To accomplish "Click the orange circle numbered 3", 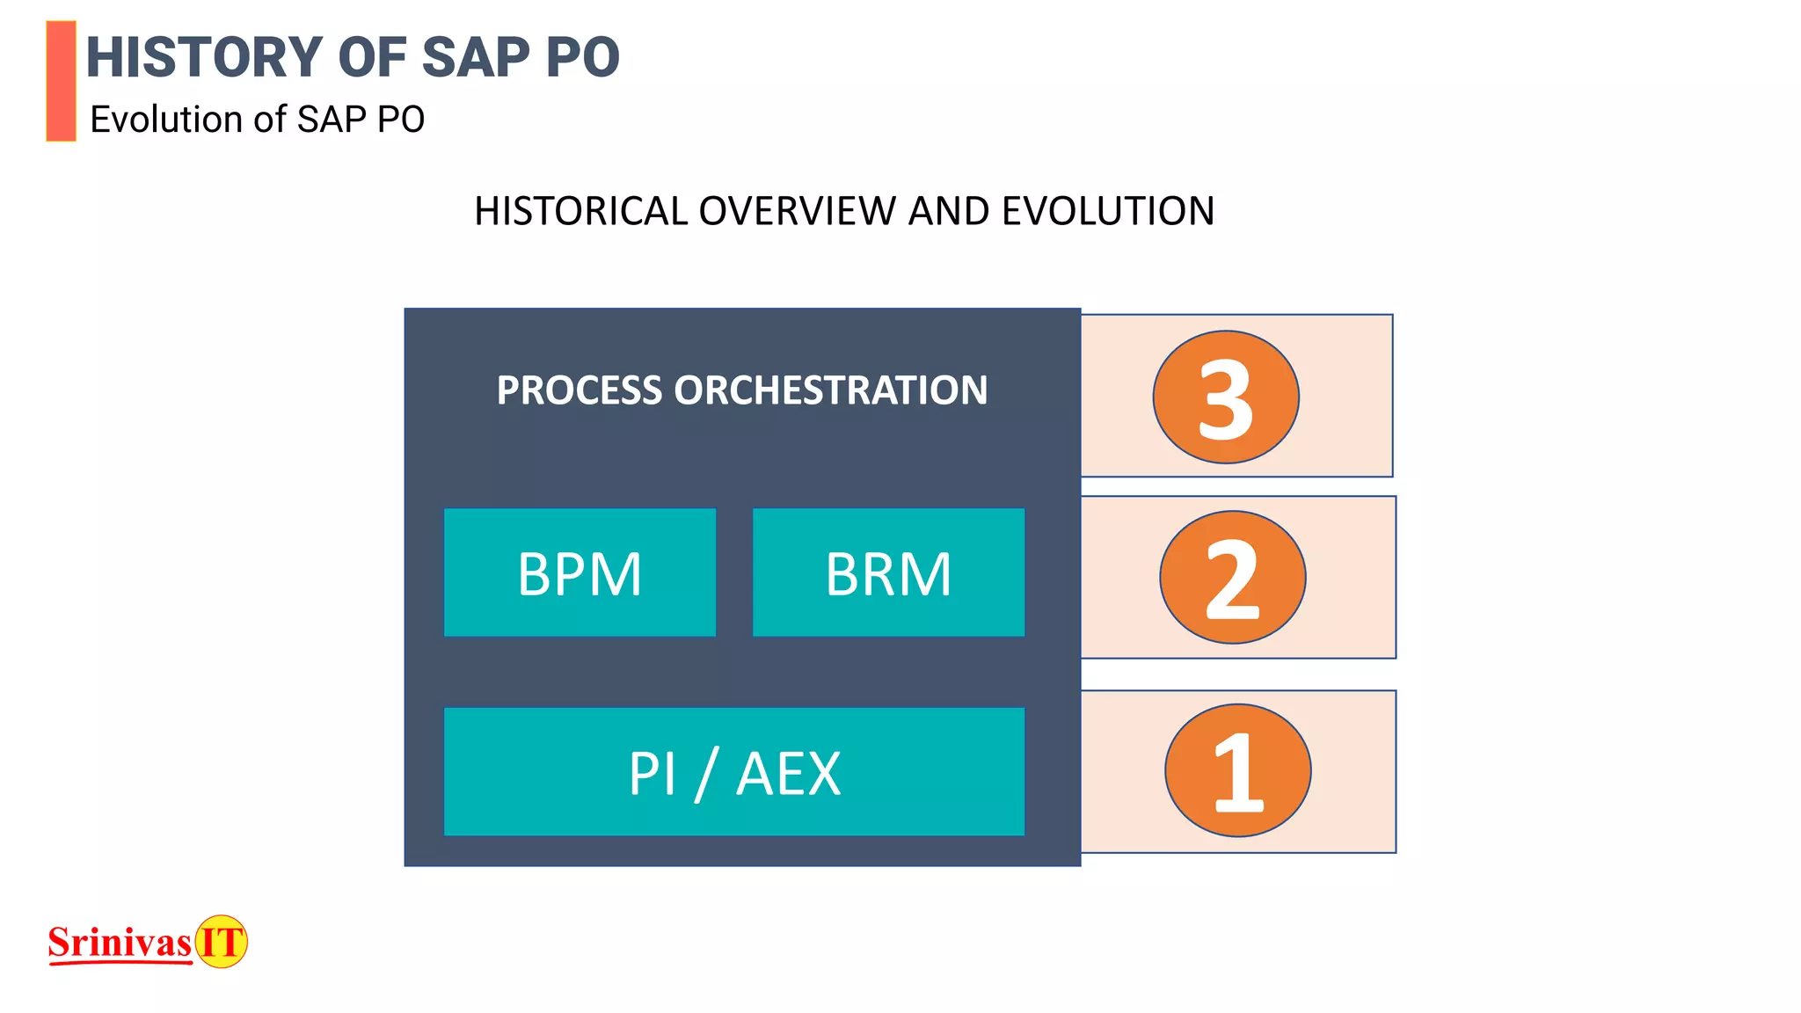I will click(x=1226, y=397).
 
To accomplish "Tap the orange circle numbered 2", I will click(x=1232, y=578).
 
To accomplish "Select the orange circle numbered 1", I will click(x=1237, y=770).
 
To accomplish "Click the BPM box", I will click(x=580, y=573).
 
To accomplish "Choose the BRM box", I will click(x=888, y=573).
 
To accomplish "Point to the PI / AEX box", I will click(x=733, y=772).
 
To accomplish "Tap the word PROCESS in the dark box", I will click(x=579, y=390).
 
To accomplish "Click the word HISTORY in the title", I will click(x=204, y=58).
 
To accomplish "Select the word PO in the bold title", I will click(x=582, y=58).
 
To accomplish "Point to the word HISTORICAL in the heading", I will click(x=580, y=211).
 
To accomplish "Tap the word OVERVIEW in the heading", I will click(x=798, y=211).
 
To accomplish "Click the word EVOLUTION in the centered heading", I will click(x=1108, y=211).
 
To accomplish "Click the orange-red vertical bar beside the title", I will click(x=61, y=81).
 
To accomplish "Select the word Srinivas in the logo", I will click(x=120, y=943).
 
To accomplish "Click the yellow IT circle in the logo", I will click(x=221, y=942).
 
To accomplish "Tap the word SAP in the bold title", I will click(x=476, y=58).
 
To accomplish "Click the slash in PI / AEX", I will click(x=706, y=774).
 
